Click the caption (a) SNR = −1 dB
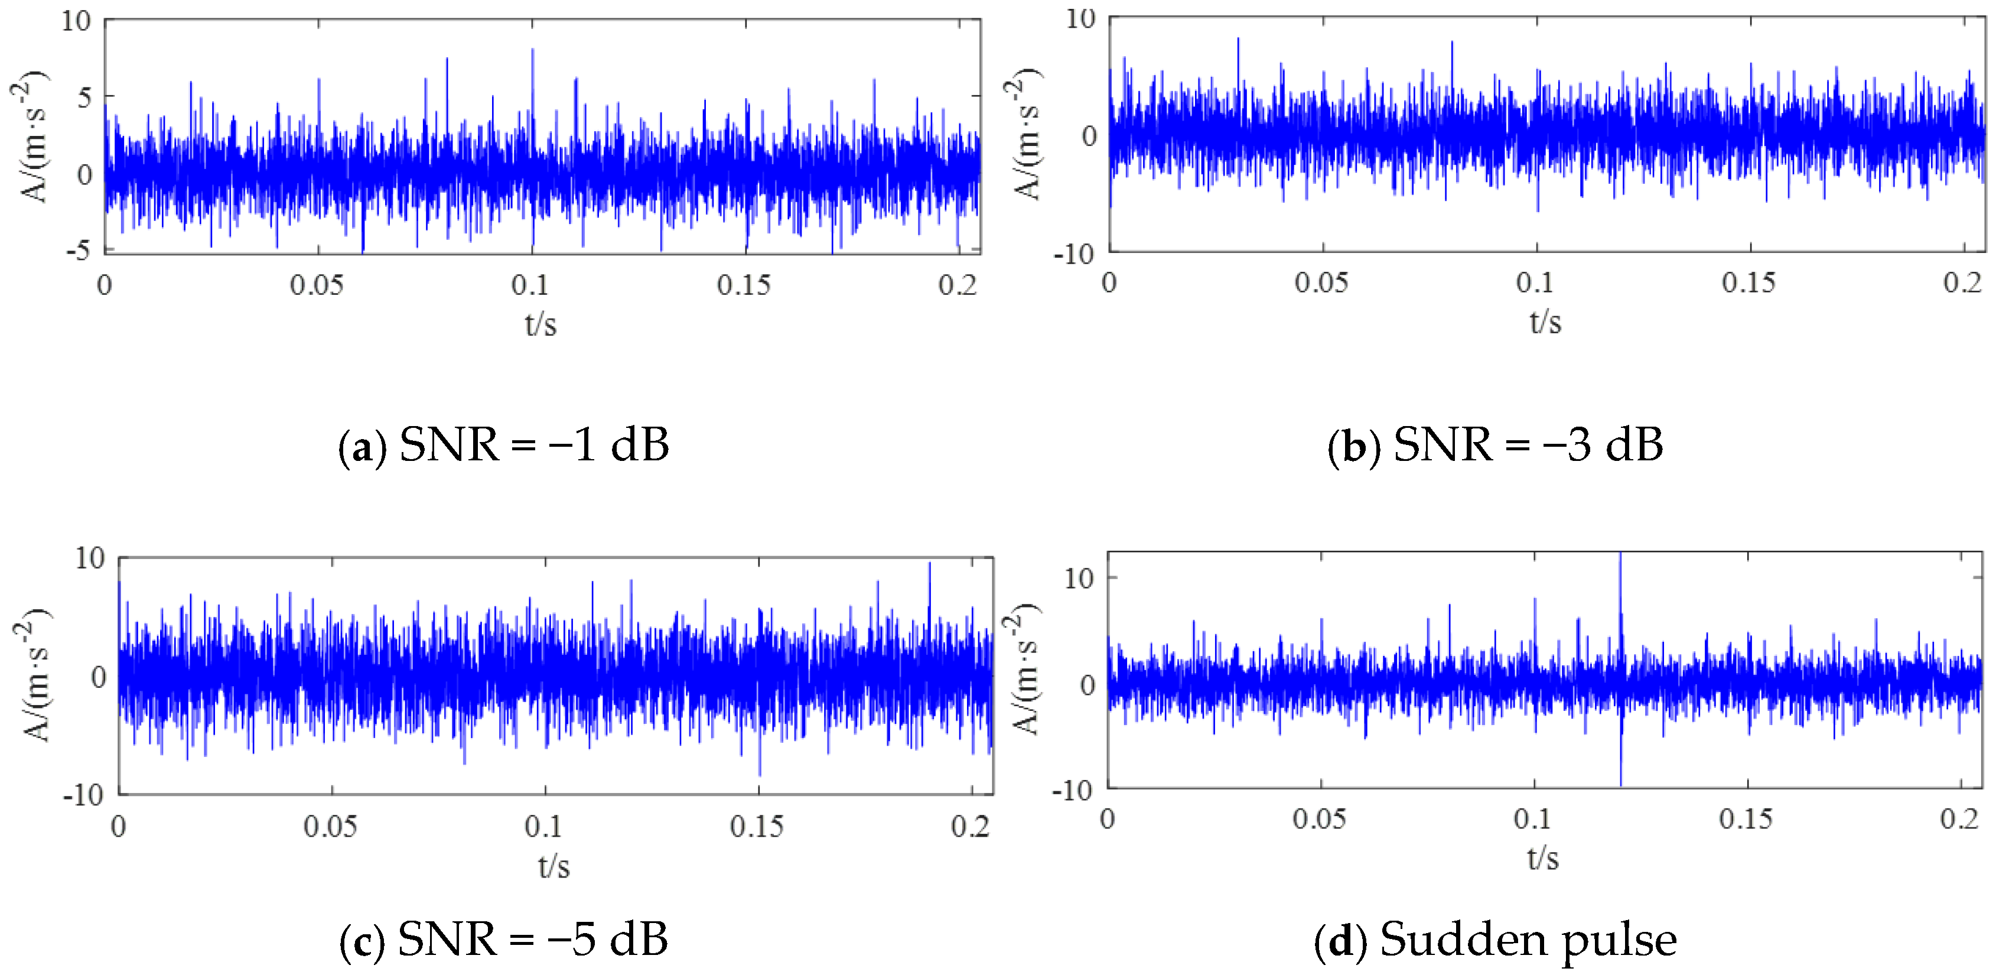pyautogui.click(x=504, y=445)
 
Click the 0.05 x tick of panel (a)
pyautogui.click(x=316, y=285)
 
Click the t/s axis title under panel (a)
pyautogui.click(x=541, y=323)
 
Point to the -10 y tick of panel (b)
pyautogui.click(x=1074, y=254)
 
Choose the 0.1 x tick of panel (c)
pyautogui.click(x=543, y=826)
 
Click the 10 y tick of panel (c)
pyautogui.click(x=90, y=558)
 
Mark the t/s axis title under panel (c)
pyautogui.click(x=554, y=865)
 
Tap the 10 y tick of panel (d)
pyautogui.click(x=1079, y=577)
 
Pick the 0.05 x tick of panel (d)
pyautogui.click(x=1319, y=818)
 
